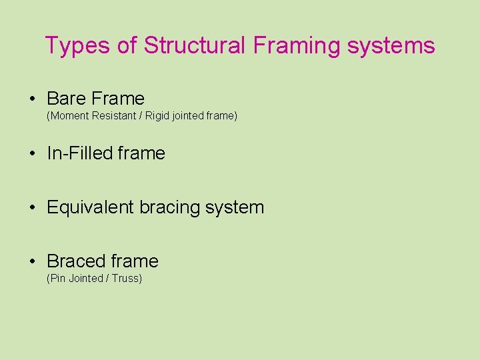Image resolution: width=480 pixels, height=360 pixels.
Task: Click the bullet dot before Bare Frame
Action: pyautogui.click(x=32, y=99)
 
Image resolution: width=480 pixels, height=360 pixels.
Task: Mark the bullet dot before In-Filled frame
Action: pyautogui.click(x=32, y=154)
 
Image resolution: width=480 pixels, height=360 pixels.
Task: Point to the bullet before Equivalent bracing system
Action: pyautogui.click(x=32, y=208)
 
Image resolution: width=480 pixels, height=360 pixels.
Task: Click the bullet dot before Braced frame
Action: pyautogui.click(x=32, y=262)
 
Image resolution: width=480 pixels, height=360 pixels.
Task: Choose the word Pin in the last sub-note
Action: pyautogui.click(x=58, y=279)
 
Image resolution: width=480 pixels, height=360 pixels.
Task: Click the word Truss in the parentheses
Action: pyautogui.click(x=125, y=279)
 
